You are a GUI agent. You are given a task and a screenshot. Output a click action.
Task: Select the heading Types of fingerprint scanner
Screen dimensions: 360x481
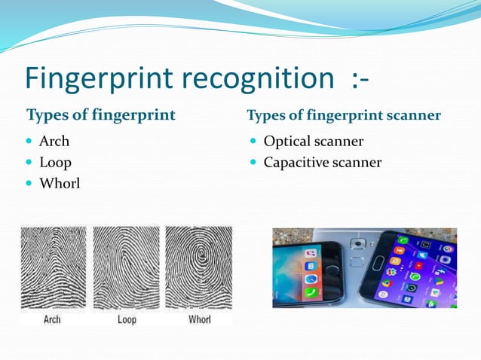[x=344, y=115]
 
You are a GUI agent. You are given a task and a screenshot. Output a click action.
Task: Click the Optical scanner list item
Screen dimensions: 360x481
[x=314, y=142]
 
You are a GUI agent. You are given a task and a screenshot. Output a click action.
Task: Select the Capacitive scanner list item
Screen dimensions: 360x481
[x=323, y=162]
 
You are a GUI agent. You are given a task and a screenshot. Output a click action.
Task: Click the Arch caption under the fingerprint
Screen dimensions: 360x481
[x=52, y=319]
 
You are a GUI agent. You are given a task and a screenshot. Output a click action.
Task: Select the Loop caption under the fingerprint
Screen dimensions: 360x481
[x=127, y=319]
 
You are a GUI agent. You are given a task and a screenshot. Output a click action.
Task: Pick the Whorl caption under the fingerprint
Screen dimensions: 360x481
[x=200, y=319]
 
